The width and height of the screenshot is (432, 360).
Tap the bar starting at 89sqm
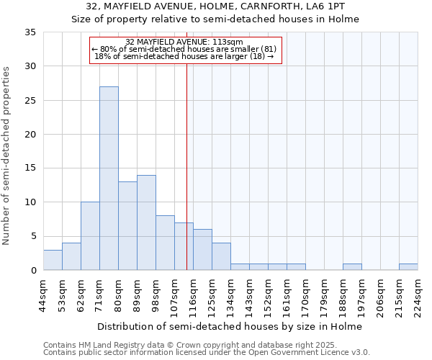point(146,222)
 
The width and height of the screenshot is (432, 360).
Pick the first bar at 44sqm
point(53,260)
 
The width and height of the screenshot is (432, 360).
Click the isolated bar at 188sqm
point(352,267)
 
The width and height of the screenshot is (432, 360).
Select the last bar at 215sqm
point(408,267)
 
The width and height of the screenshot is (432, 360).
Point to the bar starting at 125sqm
point(221,256)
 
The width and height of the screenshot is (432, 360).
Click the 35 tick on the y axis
point(30,32)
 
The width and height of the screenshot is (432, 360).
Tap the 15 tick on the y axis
point(30,168)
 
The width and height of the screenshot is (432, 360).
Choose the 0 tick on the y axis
point(33,271)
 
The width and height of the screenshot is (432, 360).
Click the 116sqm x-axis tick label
point(193,295)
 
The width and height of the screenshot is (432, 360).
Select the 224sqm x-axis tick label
point(418,295)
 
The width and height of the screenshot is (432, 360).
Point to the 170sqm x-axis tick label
point(305,295)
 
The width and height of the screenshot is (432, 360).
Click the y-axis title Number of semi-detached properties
point(7,156)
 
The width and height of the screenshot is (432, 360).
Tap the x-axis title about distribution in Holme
point(230,326)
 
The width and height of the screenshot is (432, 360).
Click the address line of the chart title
point(215,6)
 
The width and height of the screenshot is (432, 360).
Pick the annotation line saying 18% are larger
point(184,56)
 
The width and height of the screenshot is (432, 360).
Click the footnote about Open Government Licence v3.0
point(207,353)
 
